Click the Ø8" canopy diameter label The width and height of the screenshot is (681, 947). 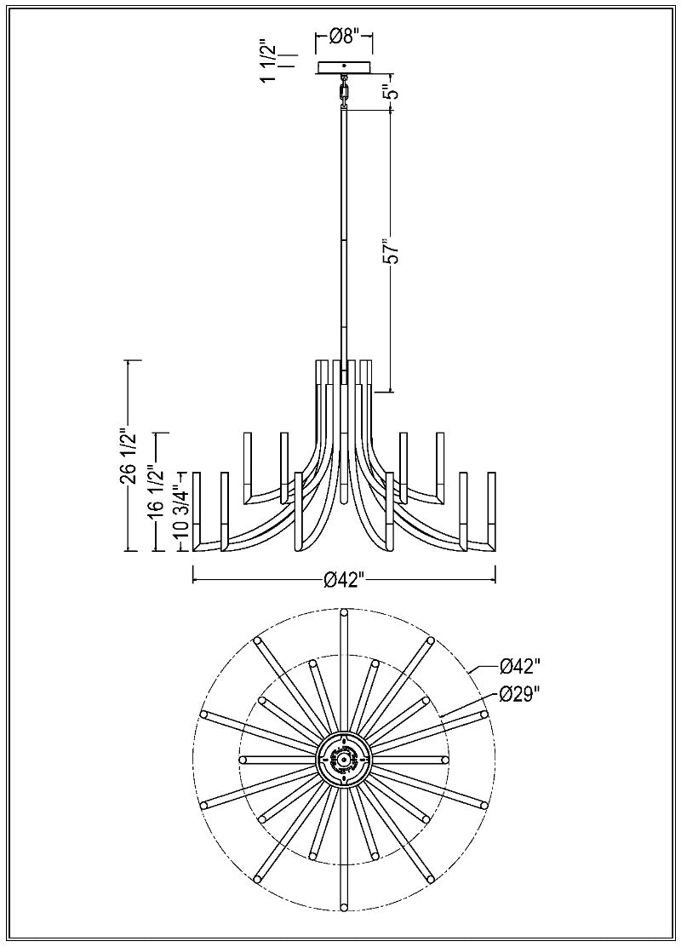tap(344, 36)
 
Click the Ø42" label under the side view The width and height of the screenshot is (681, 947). tap(344, 580)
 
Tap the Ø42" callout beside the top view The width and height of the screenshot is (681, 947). tap(520, 665)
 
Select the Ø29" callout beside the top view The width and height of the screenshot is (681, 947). tap(520, 694)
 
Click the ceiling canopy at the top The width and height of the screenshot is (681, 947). tap(344, 67)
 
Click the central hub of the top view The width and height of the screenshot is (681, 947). tap(344, 759)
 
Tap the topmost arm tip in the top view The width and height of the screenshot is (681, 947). tap(344, 612)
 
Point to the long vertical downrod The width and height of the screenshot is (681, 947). tap(344, 238)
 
